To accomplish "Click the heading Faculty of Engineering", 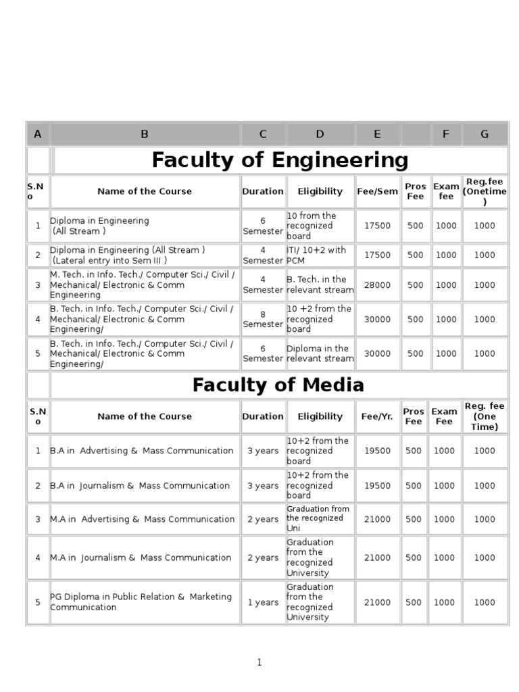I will [x=280, y=160].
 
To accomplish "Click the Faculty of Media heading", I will [x=278, y=385].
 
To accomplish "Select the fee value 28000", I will [x=377, y=285].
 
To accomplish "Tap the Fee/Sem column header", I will [x=377, y=191].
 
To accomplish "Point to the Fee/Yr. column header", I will [x=377, y=416].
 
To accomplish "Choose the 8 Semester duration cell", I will [x=263, y=319].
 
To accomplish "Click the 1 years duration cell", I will [x=263, y=602].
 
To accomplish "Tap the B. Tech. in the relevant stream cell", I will [x=320, y=285].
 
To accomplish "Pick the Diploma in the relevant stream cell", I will [x=320, y=353].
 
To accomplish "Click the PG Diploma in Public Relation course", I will [x=141, y=601].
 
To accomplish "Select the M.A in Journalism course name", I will [x=141, y=558].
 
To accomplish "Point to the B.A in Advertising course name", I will [x=142, y=451].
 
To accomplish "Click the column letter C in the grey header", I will [x=263, y=134].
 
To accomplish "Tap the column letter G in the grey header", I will [x=484, y=134].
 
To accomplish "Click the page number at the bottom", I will [x=259, y=662].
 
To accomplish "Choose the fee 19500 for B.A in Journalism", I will [x=377, y=485].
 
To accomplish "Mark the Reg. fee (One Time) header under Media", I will [x=484, y=416].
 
